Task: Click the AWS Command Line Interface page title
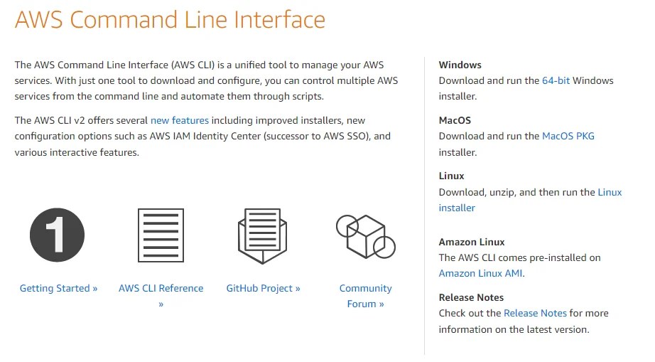pyautogui.click(x=170, y=19)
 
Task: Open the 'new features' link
pyautogui.click(x=180, y=120)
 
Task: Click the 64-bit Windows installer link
pyautogui.click(x=556, y=80)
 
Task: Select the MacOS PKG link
pyautogui.click(x=568, y=136)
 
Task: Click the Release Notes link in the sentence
pyautogui.click(x=535, y=313)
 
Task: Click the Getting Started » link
pyautogui.click(x=58, y=288)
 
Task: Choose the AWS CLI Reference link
pyautogui.click(x=161, y=288)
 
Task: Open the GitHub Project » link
pyautogui.click(x=263, y=288)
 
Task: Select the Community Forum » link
pyautogui.click(x=365, y=296)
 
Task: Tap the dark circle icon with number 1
pyautogui.click(x=57, y=235)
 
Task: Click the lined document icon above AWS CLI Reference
pyautogui.click(x=161, y=235)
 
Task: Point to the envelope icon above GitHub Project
pyautogui.click(x=262, y=234)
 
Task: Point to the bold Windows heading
pyautogui.click(x=460, y=65)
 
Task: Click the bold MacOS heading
pyautogui.click(x=455, y=120)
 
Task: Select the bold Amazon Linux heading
pyautogui.click(x=472, y=242)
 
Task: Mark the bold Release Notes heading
pyautogui.click(x=471, y=297)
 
